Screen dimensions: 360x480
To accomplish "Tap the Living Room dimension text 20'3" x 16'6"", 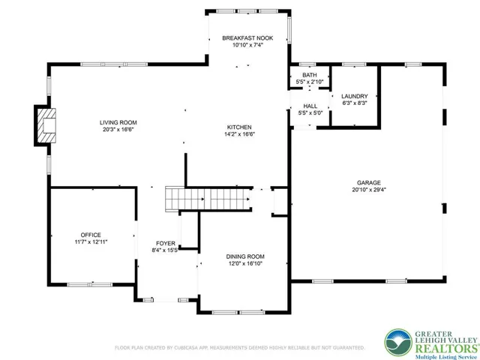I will pos(118,130).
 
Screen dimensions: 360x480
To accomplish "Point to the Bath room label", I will pos(309,76).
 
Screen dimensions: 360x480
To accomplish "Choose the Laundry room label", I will pos(354,96).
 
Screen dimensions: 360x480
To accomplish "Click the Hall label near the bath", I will pos(310,106).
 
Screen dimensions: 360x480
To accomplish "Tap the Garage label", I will pos(368,182).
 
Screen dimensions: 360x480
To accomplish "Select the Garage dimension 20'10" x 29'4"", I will pos(368,190).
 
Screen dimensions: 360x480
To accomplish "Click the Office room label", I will pos(91,235).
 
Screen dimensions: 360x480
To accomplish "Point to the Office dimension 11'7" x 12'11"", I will pos(91,242).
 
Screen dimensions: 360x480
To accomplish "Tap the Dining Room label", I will pos(245,256).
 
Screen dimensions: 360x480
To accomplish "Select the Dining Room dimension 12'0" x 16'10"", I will pos(245,263).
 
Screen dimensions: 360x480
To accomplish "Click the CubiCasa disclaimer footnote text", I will pos(239,348).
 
